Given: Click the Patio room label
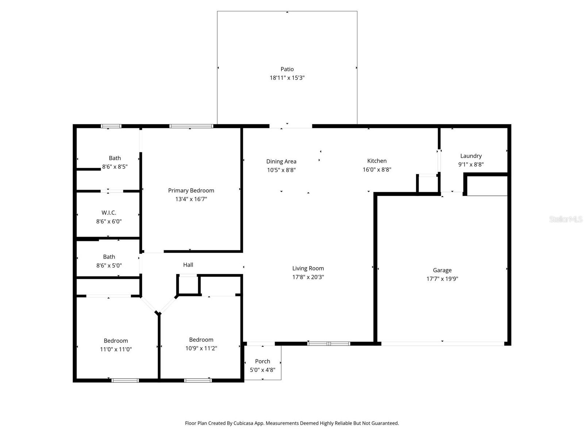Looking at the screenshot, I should [x=287, y=69].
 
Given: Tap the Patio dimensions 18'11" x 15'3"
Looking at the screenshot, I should [x=287, y=78].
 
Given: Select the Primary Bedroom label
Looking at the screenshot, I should [x=191, y=190].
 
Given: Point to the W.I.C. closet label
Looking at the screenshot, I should [x=109, y=212].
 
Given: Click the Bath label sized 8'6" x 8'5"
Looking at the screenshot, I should [x=115, y=158].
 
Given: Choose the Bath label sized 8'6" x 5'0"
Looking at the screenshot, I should [x=109, y=257].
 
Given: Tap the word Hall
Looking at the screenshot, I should [x=188, y=265].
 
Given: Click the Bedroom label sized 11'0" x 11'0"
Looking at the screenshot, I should [x=116, y=341].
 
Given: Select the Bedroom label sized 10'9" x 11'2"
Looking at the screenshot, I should [x=201, y=339].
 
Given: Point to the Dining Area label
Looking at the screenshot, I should [x=281, y=161].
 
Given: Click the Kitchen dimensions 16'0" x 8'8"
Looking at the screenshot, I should [x=377, y=169].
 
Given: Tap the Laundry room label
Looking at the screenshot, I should [x=471, y=156].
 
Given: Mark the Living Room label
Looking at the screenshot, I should [x=308, y=268].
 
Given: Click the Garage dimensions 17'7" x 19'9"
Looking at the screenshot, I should [x=442, y=278].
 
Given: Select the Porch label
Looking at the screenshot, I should [x=262, y=361].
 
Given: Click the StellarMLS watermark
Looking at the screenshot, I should [x=565, y=219].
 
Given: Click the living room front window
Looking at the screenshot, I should [x=328, y=343].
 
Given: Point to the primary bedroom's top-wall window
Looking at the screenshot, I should [x=191, y=126].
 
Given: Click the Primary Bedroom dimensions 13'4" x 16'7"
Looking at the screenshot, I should [x=191, y=199].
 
